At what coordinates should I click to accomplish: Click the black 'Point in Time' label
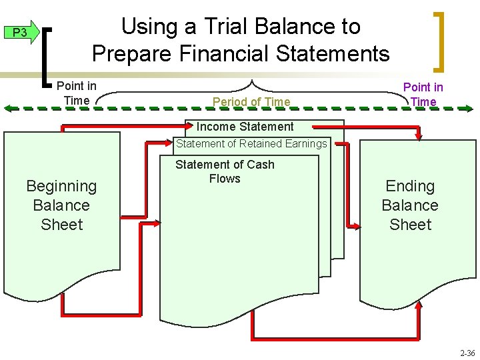click(76, 93)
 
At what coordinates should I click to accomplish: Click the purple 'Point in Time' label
click(423, 94)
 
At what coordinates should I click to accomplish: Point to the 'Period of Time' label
click(251, 102)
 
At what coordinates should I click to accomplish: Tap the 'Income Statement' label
click(245, 127)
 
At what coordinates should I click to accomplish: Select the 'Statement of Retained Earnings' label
click(251, 143)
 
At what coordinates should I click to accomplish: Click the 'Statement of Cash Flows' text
click(225, 171)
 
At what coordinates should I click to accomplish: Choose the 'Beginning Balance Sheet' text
click(61, 205)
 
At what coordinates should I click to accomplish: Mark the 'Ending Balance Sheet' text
click(410, 205)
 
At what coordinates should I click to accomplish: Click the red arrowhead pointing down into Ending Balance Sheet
click(419, 136)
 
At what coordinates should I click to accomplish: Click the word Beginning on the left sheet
click(61, 186)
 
